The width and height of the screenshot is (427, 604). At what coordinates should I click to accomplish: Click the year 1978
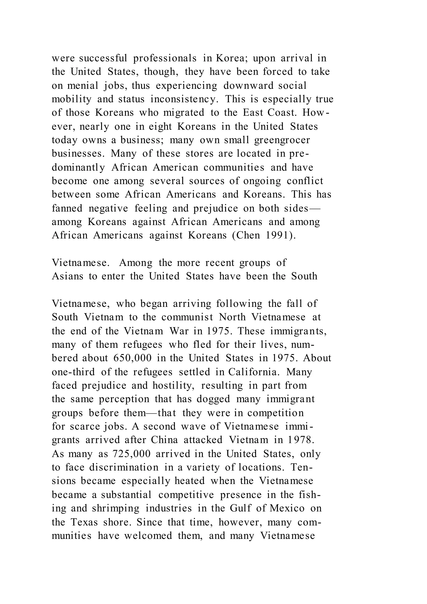pos(299,440)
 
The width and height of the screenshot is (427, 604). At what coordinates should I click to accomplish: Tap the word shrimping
pos(116,508)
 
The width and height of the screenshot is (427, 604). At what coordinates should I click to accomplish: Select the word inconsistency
pos(185,99)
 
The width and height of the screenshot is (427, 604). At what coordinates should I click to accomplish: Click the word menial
pos(83,86)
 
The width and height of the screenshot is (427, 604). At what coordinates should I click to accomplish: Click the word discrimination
pos(124,467)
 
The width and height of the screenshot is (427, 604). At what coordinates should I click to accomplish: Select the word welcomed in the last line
pos(148,535)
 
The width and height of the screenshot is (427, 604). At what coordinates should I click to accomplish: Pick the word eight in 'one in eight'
pos(160,127)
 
